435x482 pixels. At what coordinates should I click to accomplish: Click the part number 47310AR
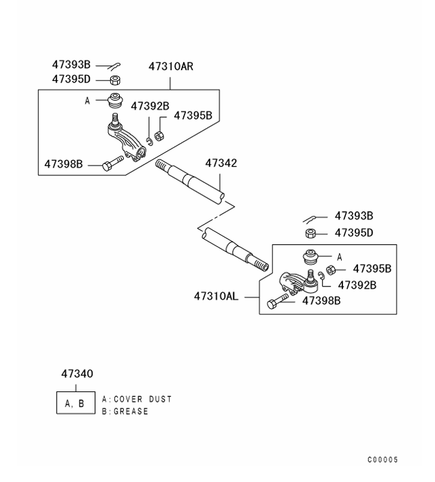pos(171,67)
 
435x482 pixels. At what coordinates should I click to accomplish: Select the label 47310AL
pos(216,296)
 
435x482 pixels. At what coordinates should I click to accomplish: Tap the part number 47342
pos(221,163)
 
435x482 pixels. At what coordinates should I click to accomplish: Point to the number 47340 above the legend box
pos(77,374)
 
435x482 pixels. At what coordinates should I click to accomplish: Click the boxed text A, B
pos(75,403)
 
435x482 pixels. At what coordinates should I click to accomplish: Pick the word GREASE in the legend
pos(131,411)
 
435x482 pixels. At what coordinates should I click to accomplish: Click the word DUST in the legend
pos(160,400)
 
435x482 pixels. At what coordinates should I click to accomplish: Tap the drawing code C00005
pos(383,460)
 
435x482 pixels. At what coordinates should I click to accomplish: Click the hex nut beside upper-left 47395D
pos(115,80)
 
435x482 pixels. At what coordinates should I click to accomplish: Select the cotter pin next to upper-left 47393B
pos(114,66)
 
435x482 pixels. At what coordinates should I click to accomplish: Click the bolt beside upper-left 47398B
pos(112,163)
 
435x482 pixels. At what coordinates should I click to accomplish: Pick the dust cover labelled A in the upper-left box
pos(115,100)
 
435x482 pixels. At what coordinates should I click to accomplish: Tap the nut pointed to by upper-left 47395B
pos(159,135)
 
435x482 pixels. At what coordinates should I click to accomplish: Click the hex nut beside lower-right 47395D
pos(311,234)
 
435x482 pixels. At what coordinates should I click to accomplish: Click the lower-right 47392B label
pos(357,285)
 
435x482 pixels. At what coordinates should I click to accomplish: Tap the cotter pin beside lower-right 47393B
pos(310,219)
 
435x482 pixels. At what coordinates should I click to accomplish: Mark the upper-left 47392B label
pos(150,106)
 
